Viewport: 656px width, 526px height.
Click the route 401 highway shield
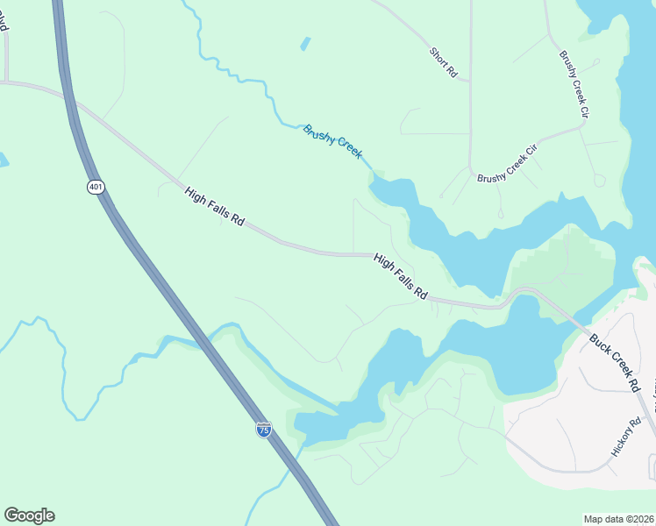pyautogui.click(x=96, y=186)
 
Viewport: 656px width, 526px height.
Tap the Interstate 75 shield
pyautogui.click(x=264, y=429)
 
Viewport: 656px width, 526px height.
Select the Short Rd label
pyautogui.click(x=444, y=64)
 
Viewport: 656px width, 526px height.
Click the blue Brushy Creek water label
pyautogui.click(x=332, y=141)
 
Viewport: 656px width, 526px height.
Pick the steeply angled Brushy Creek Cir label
pyautogui.click(x=574, y=84)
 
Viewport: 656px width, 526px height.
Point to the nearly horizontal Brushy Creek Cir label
pyautogui.click(x=506, y=167)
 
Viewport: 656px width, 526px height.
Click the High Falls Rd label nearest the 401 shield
pyautogui.click(x=214, y=207)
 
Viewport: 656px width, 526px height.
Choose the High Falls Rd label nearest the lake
pyautogui.click(x=400, y=277)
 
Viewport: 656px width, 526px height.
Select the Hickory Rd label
pyautogui.click(x=627, y=437)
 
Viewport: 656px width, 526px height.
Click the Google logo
pyautogui.click(x=29, y=515)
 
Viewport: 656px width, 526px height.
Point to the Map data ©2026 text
pyautogui.click(x=617, y=519)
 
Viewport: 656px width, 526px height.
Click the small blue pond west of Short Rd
pyautogui.click(x=304, y=43)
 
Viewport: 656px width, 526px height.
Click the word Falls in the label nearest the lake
pyautogui.click(x=402, y=278)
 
